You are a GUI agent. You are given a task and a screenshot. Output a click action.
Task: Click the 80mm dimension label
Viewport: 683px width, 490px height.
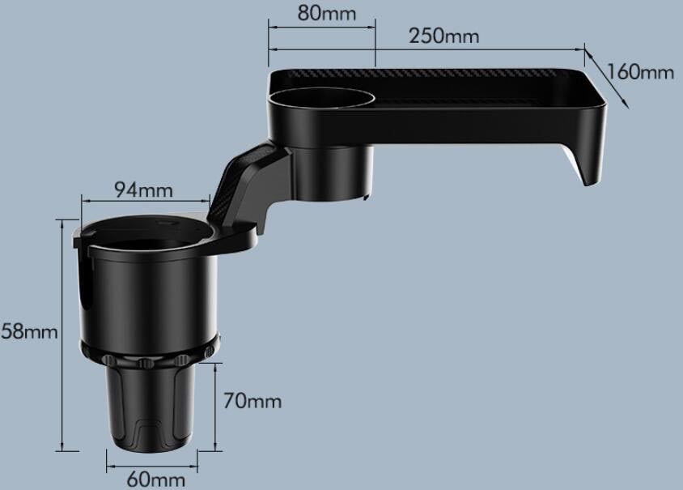click(326, 12)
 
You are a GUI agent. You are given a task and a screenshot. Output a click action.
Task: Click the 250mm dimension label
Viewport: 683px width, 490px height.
click(443, 36)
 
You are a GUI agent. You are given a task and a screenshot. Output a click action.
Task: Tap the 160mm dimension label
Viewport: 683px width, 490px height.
click(640, 71)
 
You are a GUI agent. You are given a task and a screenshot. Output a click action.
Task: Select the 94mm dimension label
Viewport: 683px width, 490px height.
click(143, 190)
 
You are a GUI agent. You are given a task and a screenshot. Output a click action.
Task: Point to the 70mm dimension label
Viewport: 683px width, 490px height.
click(252, 401)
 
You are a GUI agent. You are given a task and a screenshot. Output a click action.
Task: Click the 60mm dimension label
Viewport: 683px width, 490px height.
click(155, 479)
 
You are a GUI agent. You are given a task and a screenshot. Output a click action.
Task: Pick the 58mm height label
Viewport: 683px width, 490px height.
click(29, 331)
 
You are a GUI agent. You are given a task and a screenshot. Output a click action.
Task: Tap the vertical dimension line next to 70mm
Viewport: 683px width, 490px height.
click(216, 405)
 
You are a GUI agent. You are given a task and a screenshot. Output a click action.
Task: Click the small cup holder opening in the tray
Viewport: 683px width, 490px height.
click(321, 100)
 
